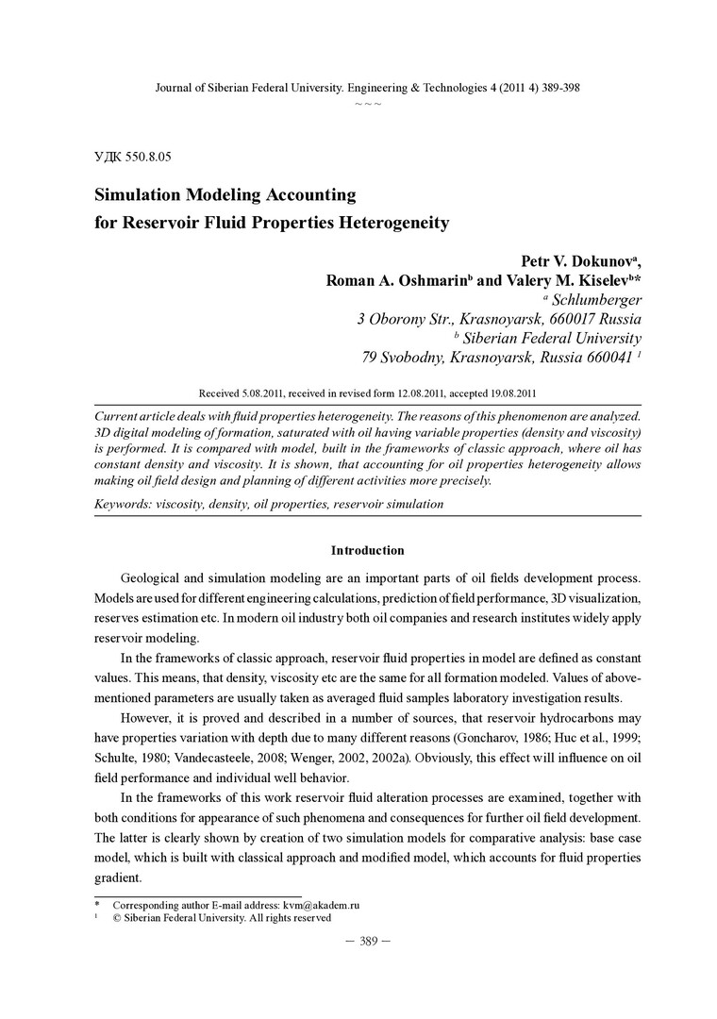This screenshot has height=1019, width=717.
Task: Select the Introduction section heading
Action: (x=368, y=550)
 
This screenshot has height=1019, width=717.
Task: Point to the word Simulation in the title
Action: (x=145, y=195)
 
